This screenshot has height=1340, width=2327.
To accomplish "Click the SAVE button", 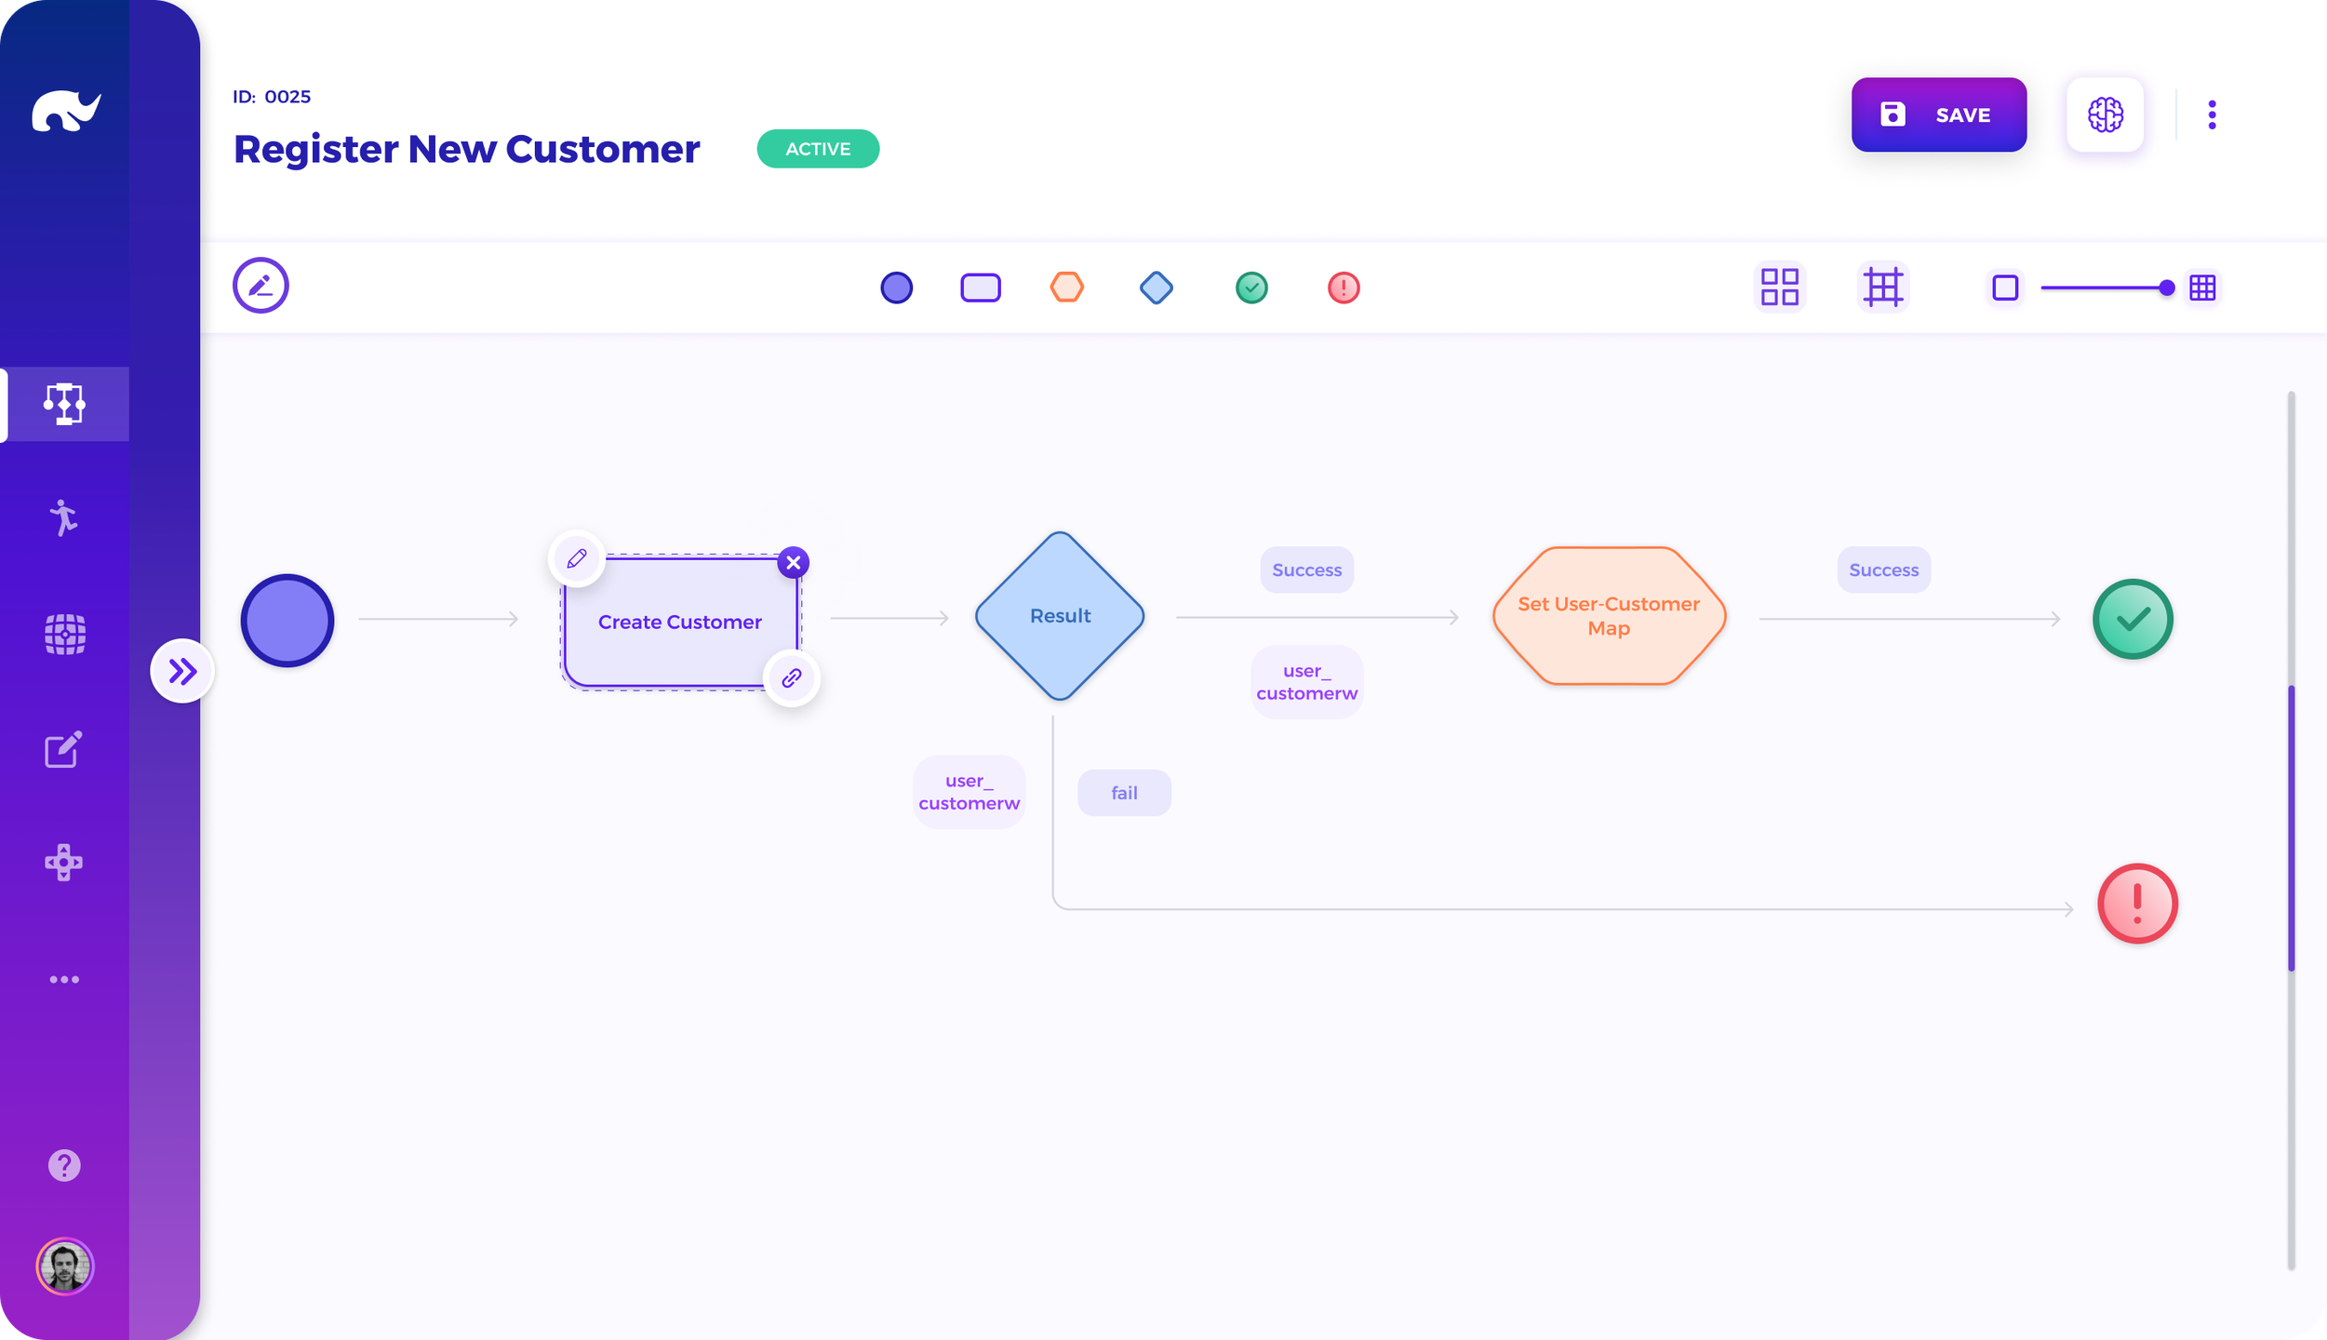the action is click(1938, 114).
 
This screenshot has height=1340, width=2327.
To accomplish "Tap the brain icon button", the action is click(2105, 114).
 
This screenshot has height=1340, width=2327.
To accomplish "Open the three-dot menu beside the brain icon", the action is click(2212, 114).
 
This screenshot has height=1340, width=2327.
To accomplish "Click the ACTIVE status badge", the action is click(818, 149).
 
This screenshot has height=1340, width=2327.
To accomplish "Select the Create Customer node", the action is click(680, 622).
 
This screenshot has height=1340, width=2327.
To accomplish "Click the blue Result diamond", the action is click(1060, 616).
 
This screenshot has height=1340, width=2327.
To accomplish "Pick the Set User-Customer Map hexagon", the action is click(1609, 616).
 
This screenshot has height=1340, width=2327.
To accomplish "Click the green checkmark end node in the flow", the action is click(2133, 619).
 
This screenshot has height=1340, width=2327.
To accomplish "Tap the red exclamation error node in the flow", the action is click(2137, 904).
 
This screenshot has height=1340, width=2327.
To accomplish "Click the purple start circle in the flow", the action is click(288, 620).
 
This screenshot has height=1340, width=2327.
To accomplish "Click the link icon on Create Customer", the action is click(792, 677).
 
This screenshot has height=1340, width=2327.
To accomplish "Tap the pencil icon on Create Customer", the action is click(577, 558).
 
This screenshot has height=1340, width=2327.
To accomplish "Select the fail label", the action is click(1124, 793).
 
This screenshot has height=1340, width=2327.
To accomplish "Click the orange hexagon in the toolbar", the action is click(1067, 287).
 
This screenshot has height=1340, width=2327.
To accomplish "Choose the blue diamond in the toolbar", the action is click(1157, 288).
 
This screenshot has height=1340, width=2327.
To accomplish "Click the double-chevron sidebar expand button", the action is click(182, 671).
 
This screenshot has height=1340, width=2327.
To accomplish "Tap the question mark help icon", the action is click(64, 1165).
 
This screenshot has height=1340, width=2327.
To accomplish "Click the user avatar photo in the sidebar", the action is click(65, 1266).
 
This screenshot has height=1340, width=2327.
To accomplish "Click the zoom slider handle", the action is click(2166, 288).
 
